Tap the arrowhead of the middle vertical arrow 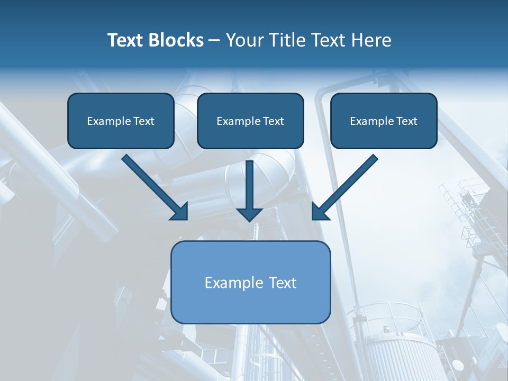(249, 214)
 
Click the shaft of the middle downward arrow (249, 183)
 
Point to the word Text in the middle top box (273, 121)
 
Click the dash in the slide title (214, 40)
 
